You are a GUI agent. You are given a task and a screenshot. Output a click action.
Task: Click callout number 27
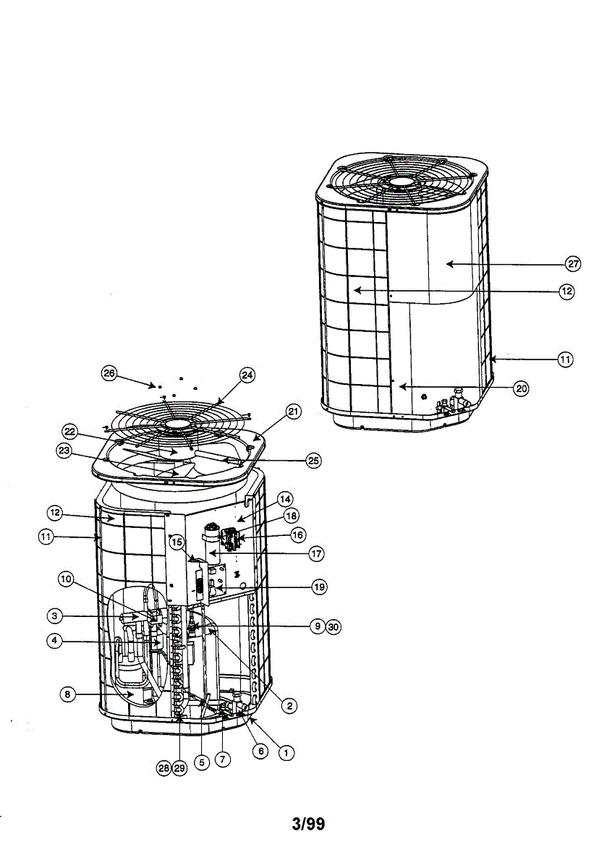[x=573, y=264]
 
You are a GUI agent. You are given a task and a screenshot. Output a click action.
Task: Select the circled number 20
[x=521, y=388]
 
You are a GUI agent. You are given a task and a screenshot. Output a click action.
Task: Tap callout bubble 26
[x=109, y=373]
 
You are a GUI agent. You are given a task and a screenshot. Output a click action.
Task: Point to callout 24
[x=247, y=375]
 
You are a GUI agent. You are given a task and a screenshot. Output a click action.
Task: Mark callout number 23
[x=64, y=450]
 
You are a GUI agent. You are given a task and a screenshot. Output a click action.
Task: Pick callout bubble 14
[x=286, y=499]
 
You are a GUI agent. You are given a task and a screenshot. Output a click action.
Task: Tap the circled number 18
[x=291, y=516]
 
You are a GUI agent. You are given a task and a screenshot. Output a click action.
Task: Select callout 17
[x=316, y=554]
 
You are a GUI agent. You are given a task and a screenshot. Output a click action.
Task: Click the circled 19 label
[x=318, y=587]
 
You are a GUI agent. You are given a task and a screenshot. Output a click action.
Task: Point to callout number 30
[x=333, y=627]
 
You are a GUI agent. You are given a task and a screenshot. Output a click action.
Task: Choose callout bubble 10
[x=66, y=578]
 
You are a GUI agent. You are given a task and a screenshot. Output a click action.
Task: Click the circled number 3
[x=55, y=616]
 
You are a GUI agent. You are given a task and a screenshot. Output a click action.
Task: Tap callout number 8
[x=66, y=694]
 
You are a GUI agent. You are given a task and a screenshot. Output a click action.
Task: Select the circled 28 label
[x=165, y=769]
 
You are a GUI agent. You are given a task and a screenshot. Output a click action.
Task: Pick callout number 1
[x=287, y=752]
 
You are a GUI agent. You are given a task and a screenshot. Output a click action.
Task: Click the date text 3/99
[x=308, y=824]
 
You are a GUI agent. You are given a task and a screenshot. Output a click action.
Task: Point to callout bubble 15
[x=177, y=540]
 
